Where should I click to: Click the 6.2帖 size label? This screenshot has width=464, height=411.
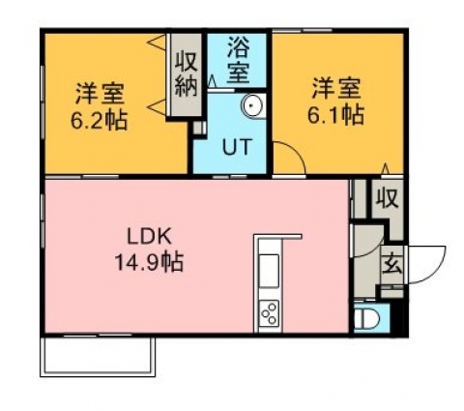pyautogui.click(x=99, y=121)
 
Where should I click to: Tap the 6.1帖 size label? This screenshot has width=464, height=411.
pyautogui.click(x=336, y=115)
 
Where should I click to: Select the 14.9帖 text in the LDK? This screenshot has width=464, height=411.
pyautogui.click(x=150, y=262)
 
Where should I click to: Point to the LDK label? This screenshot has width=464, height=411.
pyautogui.click(x=149, y=237)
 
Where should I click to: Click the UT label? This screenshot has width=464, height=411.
pyautogui.click(x=237, y=147)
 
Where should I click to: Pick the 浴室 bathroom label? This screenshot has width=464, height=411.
pyautogui.click(x=239, y=60)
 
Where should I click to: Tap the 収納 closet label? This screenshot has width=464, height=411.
pyautogui.click(x=186, y=74)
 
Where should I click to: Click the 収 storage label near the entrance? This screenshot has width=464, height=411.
pyautogui.click(x=388, y=197)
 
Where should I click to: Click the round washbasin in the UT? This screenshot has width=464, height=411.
pyautogui.click(x=252, y=105)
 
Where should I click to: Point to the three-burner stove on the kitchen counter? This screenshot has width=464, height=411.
pyautogui.click(x=269, y=312)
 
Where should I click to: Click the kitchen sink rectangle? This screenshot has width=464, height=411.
pyautogui.click(x=269, y=271)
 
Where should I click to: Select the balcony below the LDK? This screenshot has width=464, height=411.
pyautogui.click(x=98, y=356)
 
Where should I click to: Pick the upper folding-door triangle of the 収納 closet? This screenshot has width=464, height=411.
pyautogui.click(x=157, y=43)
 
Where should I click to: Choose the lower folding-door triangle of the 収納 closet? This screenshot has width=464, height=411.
pyautogui.click(x=157, y=106)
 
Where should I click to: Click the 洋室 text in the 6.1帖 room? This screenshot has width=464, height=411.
pyautogui.click(x=336, y=87)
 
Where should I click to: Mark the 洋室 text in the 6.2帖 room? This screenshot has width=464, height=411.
pyautogui.click(x=100, y=93)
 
